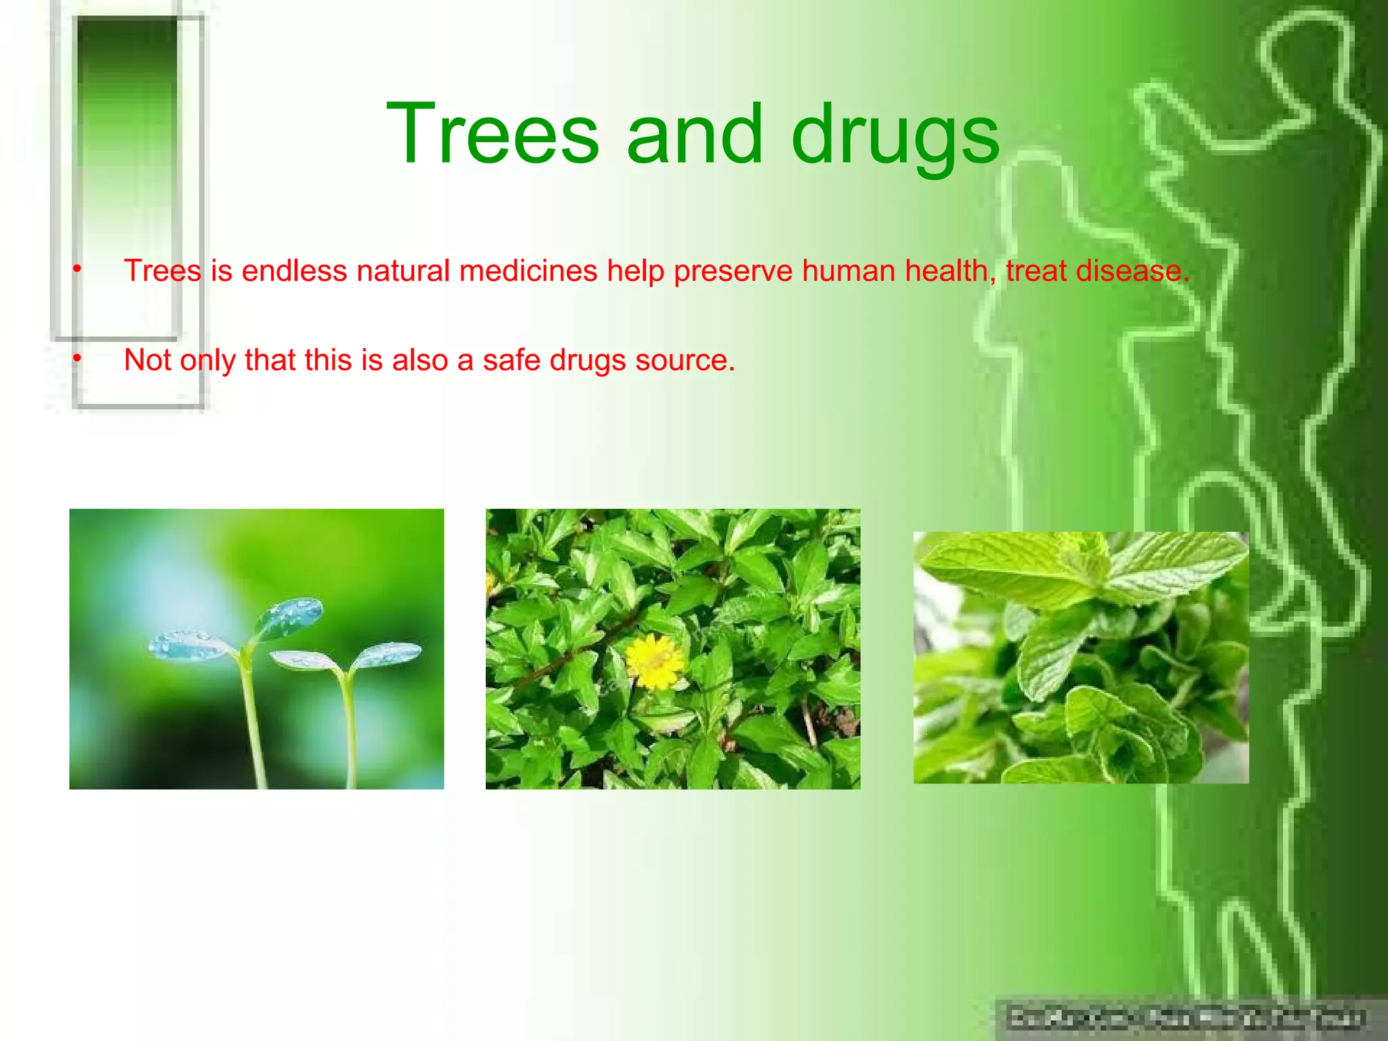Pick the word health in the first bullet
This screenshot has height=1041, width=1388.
(x=946, y=271)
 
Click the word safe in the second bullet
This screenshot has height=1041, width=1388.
(x=512, y=360)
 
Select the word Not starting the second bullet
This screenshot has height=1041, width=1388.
(x=147, y=360)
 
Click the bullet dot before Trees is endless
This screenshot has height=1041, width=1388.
(x=77, y=270)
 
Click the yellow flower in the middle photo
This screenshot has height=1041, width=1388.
(x=653, y=660)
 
